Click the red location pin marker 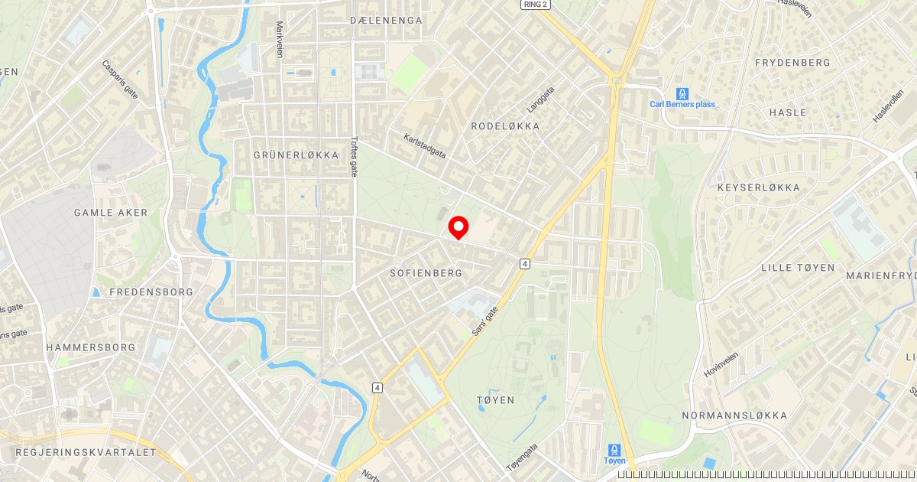458,227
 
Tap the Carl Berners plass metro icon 682,93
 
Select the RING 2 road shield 536,5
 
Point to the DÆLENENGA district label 386,21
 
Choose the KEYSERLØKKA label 759,187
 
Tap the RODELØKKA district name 505,126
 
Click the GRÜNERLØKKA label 296,155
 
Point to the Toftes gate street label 354,157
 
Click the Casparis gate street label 120,80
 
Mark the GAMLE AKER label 111,213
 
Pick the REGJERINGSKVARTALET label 86,453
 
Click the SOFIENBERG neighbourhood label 426,273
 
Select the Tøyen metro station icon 614,451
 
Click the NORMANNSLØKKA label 734,416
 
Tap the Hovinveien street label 722,363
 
